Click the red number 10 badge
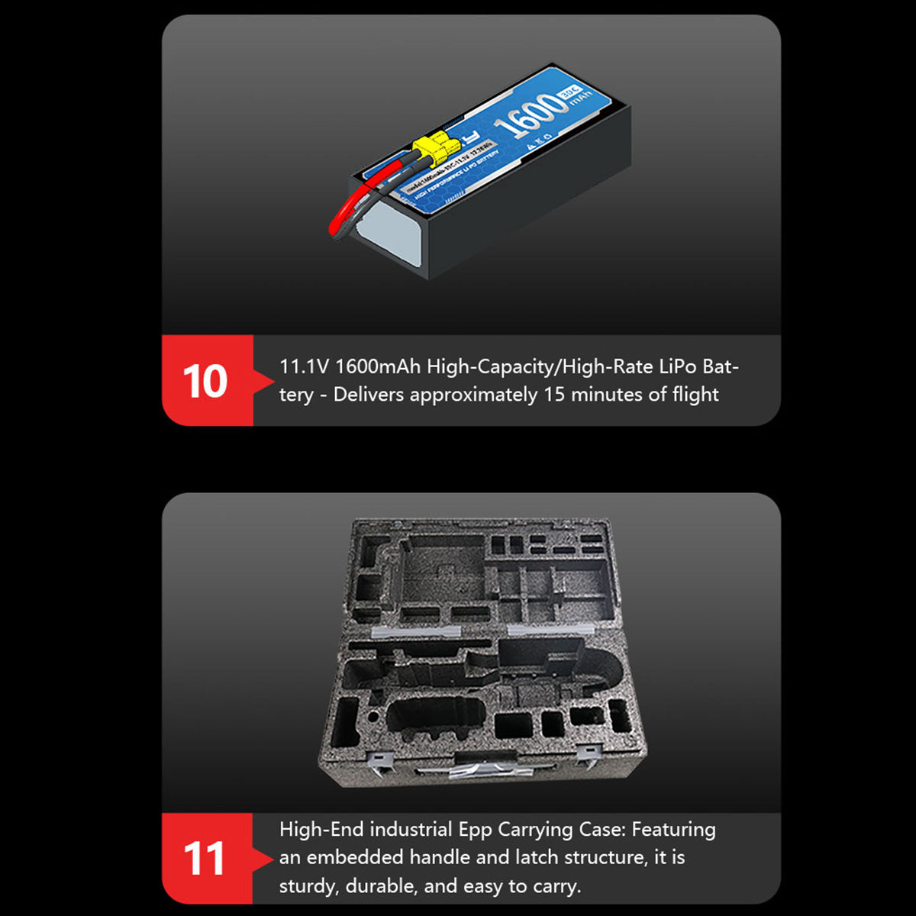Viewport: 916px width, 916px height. (x=205, y=381)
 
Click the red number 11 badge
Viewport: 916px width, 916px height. (x=205, y=859)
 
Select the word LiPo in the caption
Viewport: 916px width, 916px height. (x=677, y=366)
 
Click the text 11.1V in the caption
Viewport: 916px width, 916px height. (x=304, y=366)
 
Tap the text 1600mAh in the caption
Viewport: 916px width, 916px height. (x=378, y=366)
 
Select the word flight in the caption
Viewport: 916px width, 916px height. (x=695, y=395)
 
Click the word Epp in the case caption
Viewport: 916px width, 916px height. (x=475, y=830)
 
